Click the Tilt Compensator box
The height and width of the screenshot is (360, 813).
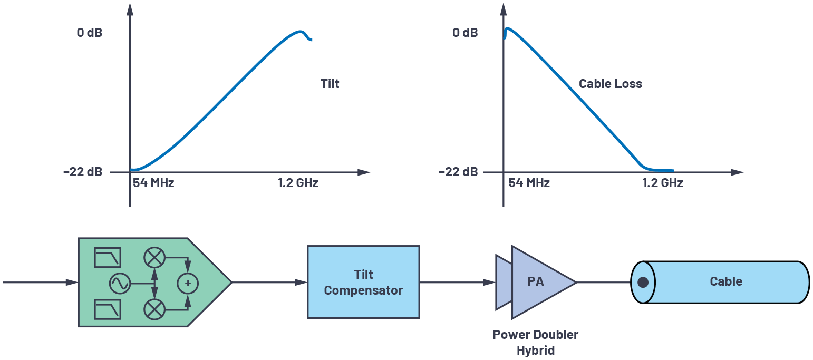363,282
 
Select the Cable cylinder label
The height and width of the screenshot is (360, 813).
725,281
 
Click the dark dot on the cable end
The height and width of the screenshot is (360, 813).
643,283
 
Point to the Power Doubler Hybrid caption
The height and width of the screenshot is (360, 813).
535,343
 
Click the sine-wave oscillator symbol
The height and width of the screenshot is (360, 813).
120,283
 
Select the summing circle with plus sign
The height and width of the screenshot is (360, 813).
187,283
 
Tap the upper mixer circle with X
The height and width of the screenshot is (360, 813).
154,258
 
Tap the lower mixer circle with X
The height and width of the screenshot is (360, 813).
154,309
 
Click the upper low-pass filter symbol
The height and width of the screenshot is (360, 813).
108,257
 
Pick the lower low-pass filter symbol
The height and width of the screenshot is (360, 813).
108,309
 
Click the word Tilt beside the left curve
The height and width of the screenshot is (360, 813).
330,84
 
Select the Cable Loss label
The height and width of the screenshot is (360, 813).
610,84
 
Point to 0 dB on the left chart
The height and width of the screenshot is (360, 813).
90,33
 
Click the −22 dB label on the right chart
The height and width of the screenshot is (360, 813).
458,172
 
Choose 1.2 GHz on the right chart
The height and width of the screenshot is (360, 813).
663,183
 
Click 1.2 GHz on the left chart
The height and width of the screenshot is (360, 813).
298,183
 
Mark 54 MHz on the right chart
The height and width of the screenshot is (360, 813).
529,183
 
